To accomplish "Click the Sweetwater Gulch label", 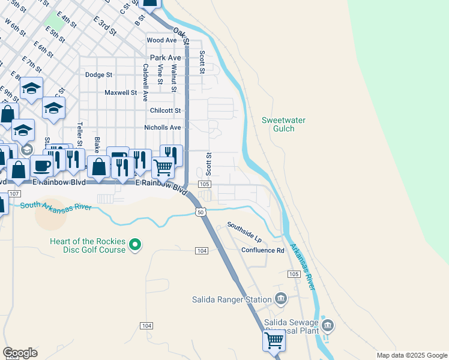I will (x=284, y=125).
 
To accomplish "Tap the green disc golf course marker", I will (x=135, y=244).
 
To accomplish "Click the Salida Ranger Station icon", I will (x=280, y=299).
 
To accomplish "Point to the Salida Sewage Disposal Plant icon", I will (x=327, y=326).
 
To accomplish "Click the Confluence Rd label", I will (x=262, y=250).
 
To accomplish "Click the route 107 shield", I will (x=15, y=194).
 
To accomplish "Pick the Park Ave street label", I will (x=166, y=58).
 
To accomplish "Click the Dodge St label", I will (x=99, y=75).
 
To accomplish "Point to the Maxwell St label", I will (x=121, y=93).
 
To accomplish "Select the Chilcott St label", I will (x=165, y=110).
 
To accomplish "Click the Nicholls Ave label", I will (x=162, y=128).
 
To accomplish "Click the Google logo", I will (x=20, y=353).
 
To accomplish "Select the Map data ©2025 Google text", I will (x=411, y=355).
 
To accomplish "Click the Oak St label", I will (x=181, y=35).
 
